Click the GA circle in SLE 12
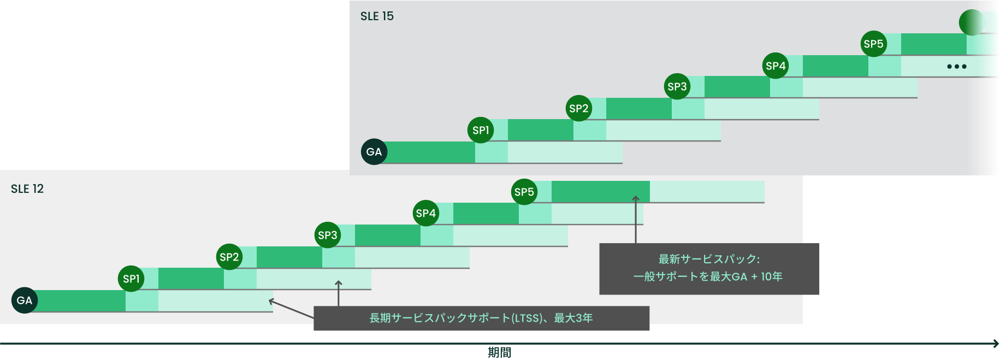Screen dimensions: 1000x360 click(25, 300)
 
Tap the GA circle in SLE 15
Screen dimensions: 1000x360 click(374, 152)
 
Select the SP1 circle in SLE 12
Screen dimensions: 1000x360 click(131, 279)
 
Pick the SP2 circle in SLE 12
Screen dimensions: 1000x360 click(229, 257)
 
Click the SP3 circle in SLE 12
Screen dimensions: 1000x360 click(328, 235)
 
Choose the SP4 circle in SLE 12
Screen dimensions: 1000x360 click(426, 213)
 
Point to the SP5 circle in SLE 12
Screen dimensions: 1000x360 click(524, 192)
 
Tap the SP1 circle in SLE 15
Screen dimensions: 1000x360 click(481, 130)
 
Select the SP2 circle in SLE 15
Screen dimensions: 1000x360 click(579, 108)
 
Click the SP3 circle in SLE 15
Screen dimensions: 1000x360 click(677, 86)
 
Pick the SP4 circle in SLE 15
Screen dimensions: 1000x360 click(776, 66)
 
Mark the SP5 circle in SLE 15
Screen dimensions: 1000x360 click(874, 44)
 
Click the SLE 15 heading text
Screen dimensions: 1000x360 click(377, 16)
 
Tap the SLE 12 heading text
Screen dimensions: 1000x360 click(27, 189)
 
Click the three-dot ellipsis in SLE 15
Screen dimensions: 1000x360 click(957, 67)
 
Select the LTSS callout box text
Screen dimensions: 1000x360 click(481, 318)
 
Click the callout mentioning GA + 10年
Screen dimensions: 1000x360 click(709, 268)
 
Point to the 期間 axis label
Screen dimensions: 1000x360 click(500, 353)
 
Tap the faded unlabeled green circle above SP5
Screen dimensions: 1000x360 click(972, 22)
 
